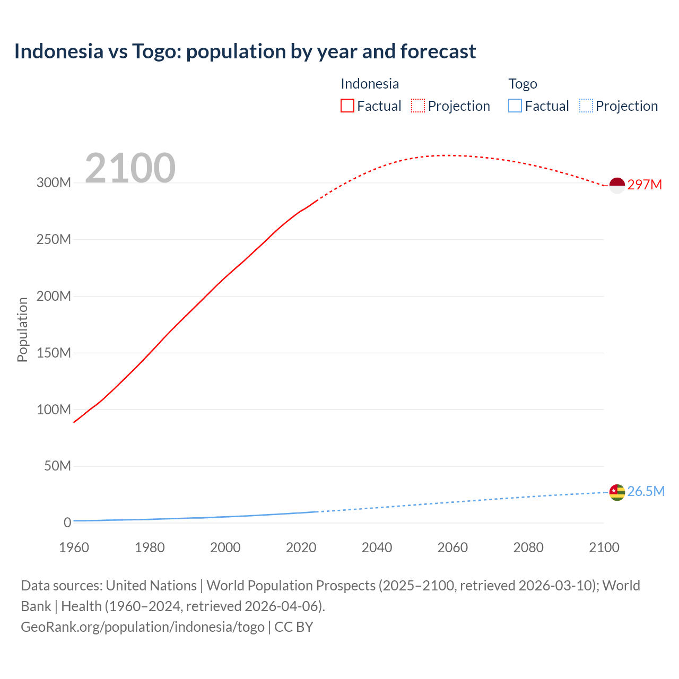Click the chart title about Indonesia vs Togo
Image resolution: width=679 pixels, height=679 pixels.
point(245,51)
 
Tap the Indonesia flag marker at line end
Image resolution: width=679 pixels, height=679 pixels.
point(617,185)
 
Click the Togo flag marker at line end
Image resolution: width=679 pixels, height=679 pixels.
point(617,492)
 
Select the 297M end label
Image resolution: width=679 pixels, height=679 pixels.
point(645,185)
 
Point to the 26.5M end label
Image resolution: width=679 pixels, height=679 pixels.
point(646,491)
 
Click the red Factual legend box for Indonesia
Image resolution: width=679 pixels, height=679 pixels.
point(347,106)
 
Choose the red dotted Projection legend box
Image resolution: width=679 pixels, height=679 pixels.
point(418,106)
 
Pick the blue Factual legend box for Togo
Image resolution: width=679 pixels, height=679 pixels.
point(515,106)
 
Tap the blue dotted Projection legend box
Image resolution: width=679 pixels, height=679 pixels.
point(586,106)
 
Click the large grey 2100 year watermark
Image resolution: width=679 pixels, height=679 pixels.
point(130,168)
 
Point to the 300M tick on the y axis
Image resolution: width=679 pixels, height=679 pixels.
point(54,183)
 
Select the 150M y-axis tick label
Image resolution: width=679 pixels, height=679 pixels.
point(54,353)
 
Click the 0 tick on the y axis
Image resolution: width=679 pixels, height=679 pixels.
point(67,523)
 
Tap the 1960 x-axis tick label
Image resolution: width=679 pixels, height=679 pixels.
point(74,547)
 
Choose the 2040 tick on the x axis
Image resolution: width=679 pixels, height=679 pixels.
point(377,547)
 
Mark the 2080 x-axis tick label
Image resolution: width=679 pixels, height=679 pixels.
point(528,547)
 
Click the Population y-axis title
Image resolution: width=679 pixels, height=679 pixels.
point(22,329)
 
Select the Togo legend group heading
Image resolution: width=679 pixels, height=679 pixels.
point(523,84)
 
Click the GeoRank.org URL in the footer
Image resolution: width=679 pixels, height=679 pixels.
point(143,627)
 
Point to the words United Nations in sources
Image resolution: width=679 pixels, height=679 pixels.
point(151,586)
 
